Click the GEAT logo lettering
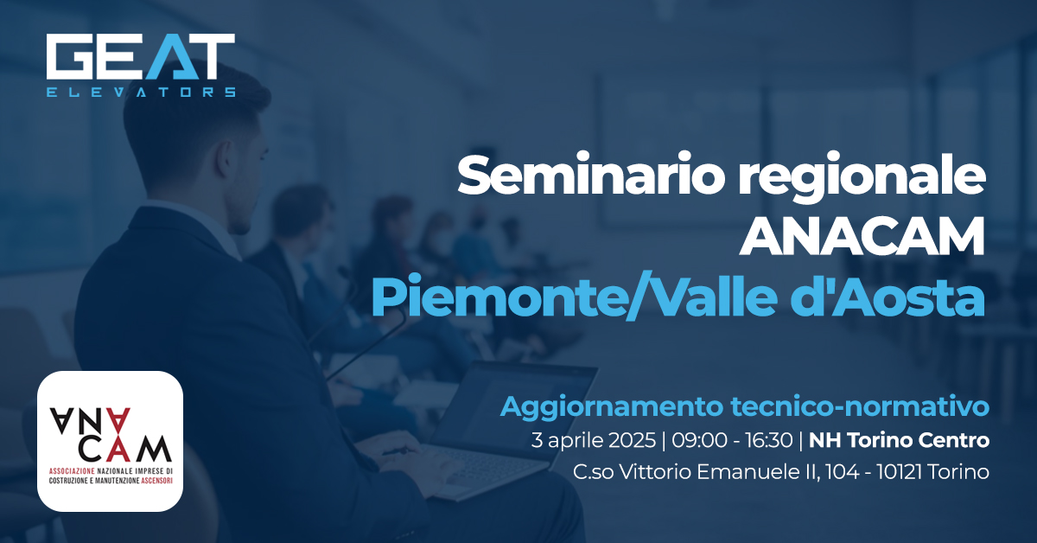pyautogui.click(x=140, y=58)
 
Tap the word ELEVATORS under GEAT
pyautogui.click(x=140, y=91)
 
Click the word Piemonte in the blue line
pyautogui.click(x=500, y=298)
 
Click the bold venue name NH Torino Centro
pyautogui.click(x=899, y=440)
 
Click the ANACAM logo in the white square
pyautogui.click(x=111, y=440)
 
